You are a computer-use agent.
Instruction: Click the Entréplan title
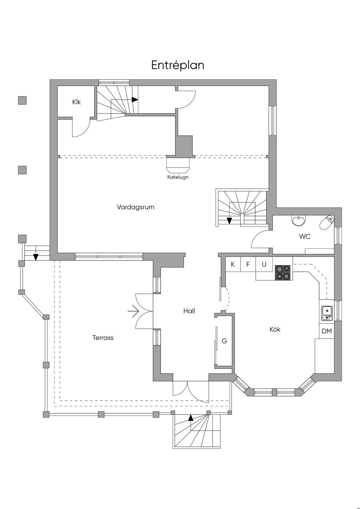tap(178, 65)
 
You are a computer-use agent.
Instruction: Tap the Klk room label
tap(76, 102)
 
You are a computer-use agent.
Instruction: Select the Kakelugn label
tap(178, 177)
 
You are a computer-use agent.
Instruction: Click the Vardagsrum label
tap(135, 207)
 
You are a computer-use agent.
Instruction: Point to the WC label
tap(305, 236)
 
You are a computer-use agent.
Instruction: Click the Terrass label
tap(103, 338)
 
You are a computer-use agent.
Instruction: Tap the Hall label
tap(189, 311)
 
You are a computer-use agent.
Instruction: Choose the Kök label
tap(275, 329)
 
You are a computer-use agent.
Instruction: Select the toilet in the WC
tap(327, 223)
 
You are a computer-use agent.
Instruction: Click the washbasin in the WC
tap(298, 221)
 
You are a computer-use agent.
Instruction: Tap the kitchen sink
tap(327, 313)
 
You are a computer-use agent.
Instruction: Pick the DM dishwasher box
tap(327, 331)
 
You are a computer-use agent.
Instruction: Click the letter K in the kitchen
tap(233, 264)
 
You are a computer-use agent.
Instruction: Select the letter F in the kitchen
tap(248, 264)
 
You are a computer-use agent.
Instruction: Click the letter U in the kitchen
tap(264, 264)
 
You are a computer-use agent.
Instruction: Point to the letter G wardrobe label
tap(224, 341)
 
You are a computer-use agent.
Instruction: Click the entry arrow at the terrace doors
tap(133, 311)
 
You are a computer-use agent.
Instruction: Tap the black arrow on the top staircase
tap(135, 99)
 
